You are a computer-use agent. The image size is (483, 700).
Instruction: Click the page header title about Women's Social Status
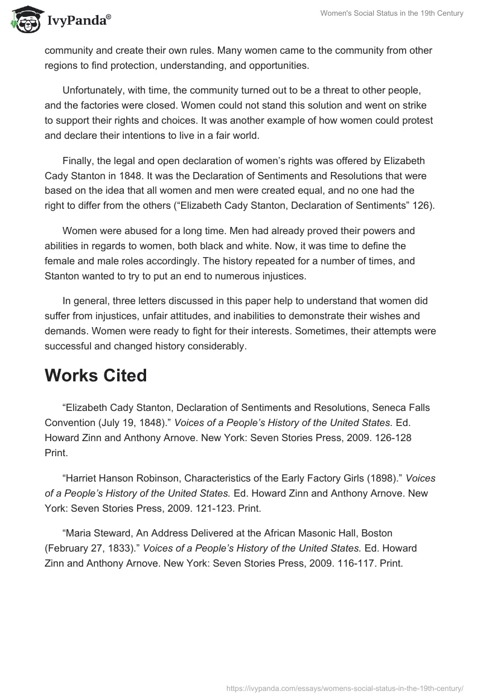[x=392, y=13]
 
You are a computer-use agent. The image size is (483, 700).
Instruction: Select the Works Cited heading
[x=95, y=375]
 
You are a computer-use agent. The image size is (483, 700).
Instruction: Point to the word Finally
[x=78, y=161]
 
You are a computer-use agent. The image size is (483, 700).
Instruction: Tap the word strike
[x=418, y=105]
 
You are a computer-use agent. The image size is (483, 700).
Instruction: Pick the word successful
[x=69, y=346]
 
